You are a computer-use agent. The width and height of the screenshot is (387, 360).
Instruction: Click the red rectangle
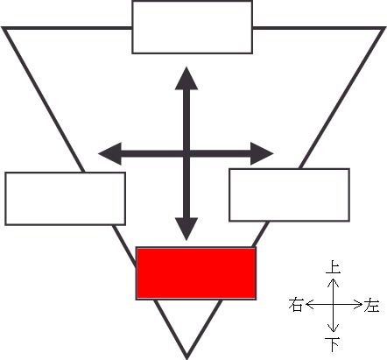[x=196, y=273]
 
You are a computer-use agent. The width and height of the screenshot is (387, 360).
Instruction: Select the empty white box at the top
[x=192, y=27]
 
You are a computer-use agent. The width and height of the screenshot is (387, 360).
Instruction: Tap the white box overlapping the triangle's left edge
[x=66, y=199]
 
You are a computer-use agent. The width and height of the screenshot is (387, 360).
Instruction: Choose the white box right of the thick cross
[x=289, y=194]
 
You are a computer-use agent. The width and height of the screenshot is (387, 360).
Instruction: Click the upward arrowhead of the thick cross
[x=186, y=78]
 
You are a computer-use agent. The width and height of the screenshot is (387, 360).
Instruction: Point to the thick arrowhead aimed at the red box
[x=186, y=229]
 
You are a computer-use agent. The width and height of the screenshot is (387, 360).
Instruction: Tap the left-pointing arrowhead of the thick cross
[x=109, y=153]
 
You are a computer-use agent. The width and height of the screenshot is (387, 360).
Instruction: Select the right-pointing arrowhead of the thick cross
[x=262, y=153]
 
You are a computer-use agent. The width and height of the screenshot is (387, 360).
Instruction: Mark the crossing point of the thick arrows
[x=186, y=153]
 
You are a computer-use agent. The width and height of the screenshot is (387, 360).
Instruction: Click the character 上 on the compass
[x=333, y=267]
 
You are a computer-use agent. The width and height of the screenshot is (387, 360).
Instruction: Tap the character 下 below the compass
[x=333, y=344]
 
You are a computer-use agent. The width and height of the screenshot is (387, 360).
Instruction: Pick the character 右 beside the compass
[x=295, y=305]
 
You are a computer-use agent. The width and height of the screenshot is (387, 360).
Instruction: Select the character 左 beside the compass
[x=371, y=305]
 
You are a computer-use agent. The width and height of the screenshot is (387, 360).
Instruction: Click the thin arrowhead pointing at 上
[x=333, y=282]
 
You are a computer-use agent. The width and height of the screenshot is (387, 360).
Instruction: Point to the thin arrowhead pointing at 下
[x=333, y=328]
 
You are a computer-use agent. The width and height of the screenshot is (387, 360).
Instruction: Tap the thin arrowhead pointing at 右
[x=310, y=305]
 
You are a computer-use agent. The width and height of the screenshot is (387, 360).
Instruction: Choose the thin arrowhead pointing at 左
[x=358, y=305]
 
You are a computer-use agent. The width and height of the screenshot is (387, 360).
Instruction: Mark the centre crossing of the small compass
[x=333, y=305]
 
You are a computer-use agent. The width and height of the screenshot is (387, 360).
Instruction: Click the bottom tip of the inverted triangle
[x=186, y=358]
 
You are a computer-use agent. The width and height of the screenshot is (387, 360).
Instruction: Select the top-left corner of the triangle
[x=3, y=28]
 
